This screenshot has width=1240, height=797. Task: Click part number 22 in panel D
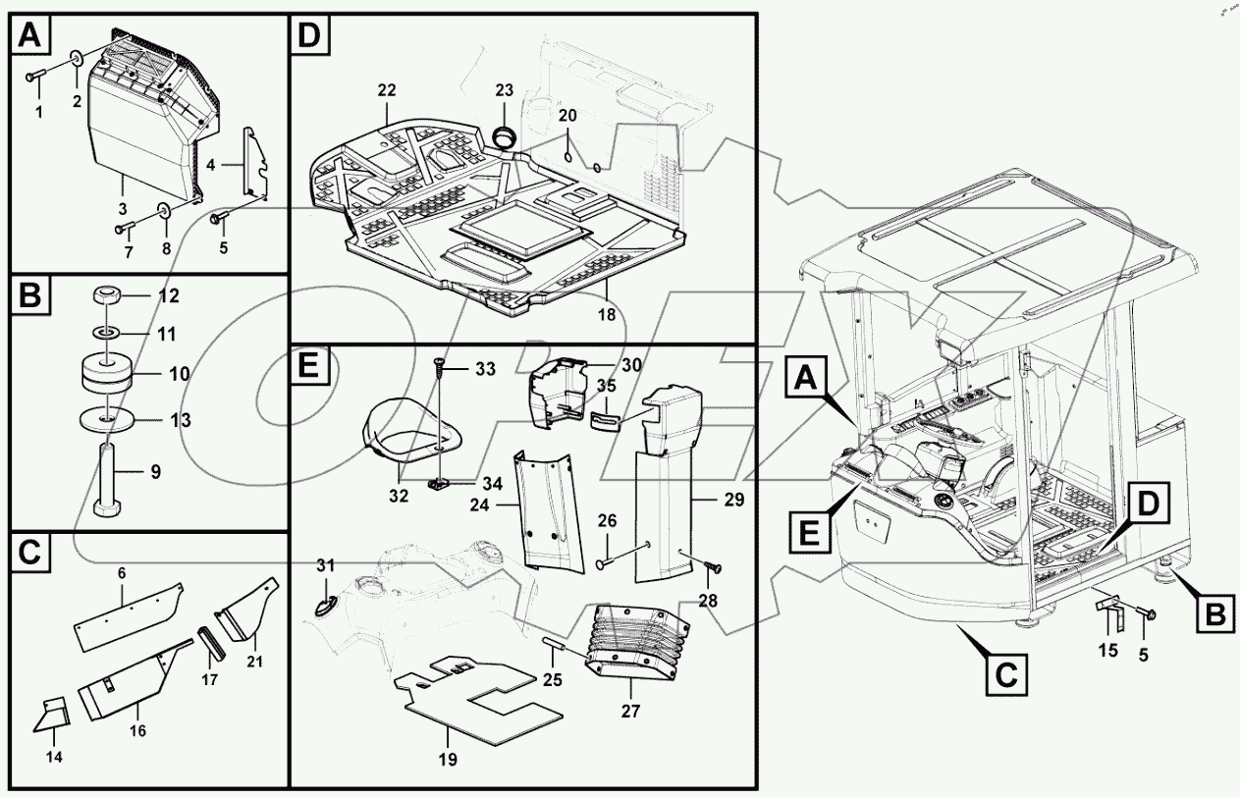(x=386, y=90)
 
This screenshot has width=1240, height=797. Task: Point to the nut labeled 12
(x=107, y=295)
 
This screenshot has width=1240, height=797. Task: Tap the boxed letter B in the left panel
(x=30, y=296)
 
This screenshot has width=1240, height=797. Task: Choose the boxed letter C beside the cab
(x=1001, y=674)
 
